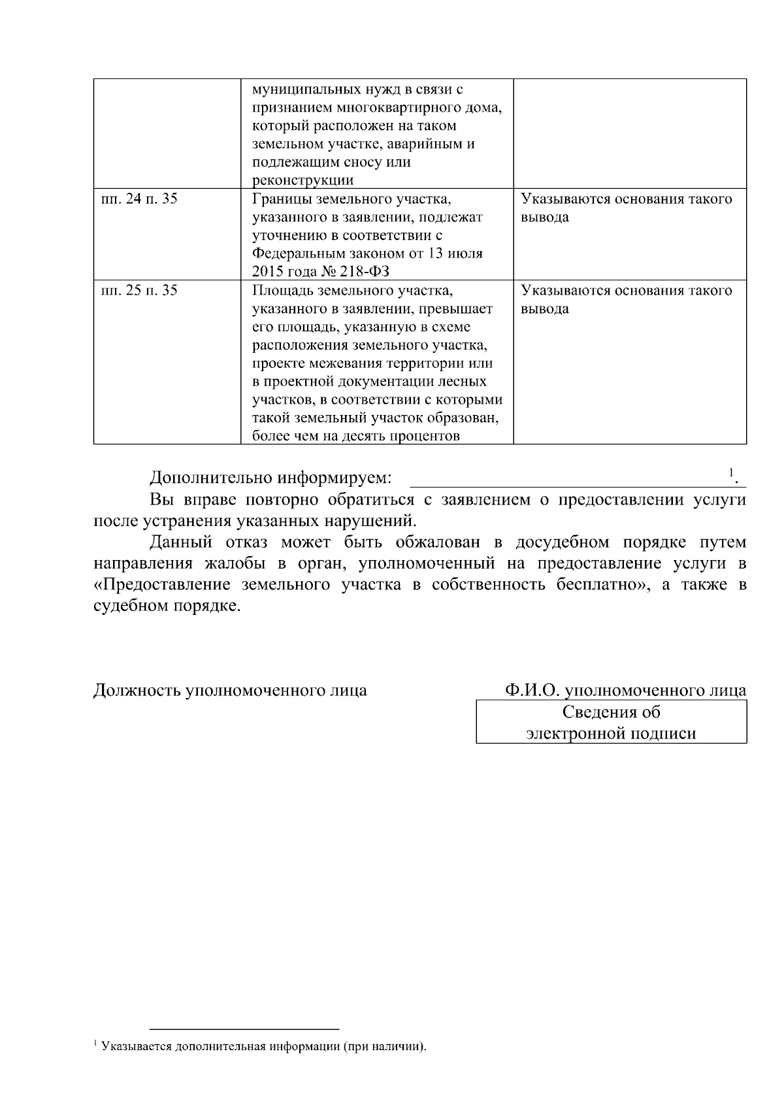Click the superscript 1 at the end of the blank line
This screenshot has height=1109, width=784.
coord(731,472)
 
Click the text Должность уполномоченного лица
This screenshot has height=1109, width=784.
coord(230,690)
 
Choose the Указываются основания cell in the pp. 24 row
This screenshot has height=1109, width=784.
coord(626,208)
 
